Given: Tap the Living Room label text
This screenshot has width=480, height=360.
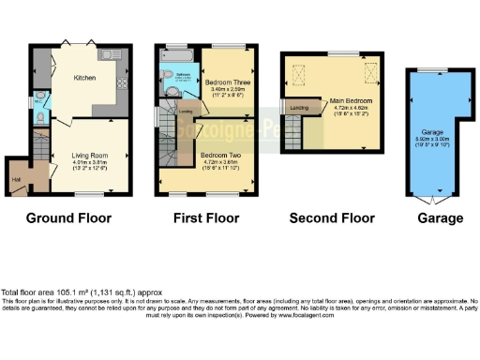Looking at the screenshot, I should (x=79, y=157).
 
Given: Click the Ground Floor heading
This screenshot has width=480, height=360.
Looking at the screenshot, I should (x=67, y=218).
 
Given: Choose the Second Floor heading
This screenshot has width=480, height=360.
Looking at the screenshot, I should (x=332, y=218).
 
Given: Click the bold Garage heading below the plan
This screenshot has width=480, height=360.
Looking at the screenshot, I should (x=440, y=218).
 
